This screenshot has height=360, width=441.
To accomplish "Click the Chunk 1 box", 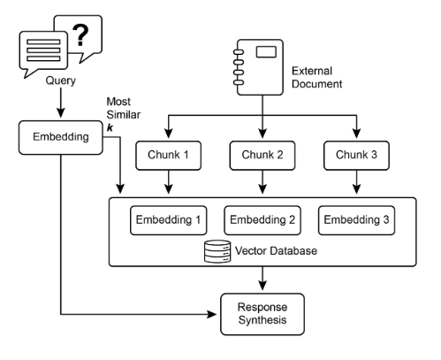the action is [168, 156].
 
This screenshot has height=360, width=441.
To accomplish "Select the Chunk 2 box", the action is [262, 156].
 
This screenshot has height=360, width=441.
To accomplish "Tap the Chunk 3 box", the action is [356, 156].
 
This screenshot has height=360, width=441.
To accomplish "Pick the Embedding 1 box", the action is [168, 220].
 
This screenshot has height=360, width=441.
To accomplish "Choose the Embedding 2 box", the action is [262, 220].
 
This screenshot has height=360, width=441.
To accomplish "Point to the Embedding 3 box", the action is [356, 220].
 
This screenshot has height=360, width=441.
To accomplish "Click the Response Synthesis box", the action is [262, 314].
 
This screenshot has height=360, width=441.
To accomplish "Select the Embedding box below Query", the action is [61, 137].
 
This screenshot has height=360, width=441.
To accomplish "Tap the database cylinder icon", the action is [217, 251].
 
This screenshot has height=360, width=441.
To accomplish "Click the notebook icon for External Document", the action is [259, 67].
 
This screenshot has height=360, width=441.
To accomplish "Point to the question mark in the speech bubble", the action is [80, 35].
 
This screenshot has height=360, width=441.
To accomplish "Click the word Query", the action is [61, 80].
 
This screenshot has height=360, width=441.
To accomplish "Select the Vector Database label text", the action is [276, 251].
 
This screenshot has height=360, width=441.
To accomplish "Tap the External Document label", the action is [316, 77].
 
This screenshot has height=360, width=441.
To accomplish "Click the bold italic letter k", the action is [110, 127].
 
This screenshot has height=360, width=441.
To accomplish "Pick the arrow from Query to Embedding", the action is [61, 103].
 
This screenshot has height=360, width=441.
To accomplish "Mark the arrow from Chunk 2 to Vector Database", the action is [262, 182].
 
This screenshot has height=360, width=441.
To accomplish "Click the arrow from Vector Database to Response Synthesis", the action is [262, 279].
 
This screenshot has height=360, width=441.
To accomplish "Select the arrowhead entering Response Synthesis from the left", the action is [211, 314].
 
